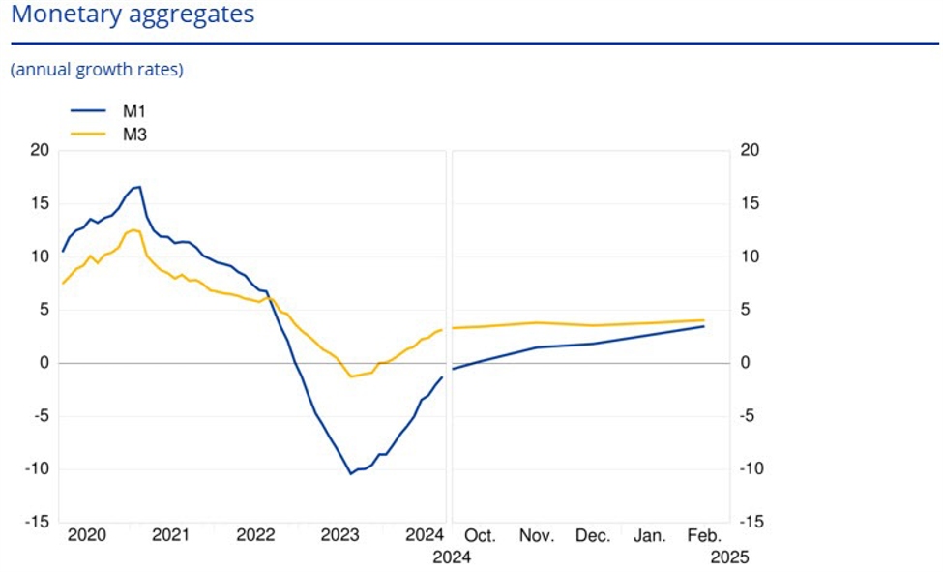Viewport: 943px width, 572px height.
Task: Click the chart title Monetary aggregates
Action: pyautogui.click(x=133, y=15)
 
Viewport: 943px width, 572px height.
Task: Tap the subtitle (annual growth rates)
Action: pyautogui.click(x=97, y=70)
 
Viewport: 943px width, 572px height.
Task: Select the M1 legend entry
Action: pyautogui.click(x=133, y=111)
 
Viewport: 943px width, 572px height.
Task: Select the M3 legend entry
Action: pyautogui.click(x=133, y=135)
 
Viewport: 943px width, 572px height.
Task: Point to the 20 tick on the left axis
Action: pyautogui.click(x=40, y=150)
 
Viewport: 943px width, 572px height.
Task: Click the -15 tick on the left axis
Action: pyautogui.click(x=37, y=523)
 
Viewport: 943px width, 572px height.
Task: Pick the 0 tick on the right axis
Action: pyautogui.click(x=744, y=363)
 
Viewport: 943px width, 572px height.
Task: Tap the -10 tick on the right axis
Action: pyautogui.click(x=751, y=469)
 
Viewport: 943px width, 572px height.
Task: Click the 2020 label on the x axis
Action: pyautogui.click(x=86, y=535)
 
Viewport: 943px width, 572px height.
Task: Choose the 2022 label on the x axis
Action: pyautogui.click(x=255, y=535)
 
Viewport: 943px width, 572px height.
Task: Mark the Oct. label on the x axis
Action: pyautogui.click(x=480, y=535)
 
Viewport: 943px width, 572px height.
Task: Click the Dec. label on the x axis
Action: pyautogui.click(x=592, y=535)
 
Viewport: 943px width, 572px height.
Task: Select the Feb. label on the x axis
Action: pyautogui.click(x=703, y=535)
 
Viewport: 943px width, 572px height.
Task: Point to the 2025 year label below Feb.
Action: pyautogui.click(x=729, y=557)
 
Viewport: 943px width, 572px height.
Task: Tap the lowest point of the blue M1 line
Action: pyautogui.click(x=351, y=473)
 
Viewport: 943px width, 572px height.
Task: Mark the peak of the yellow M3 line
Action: pyautogui.click(x=133, y=229)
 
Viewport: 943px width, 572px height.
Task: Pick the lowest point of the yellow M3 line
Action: pyautogui.click(x=351, y=376)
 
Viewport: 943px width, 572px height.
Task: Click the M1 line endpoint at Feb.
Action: pyautogui.click(x=703, y=326)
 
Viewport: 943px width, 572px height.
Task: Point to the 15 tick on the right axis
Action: pyautogui.click(x=748, y=203)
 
